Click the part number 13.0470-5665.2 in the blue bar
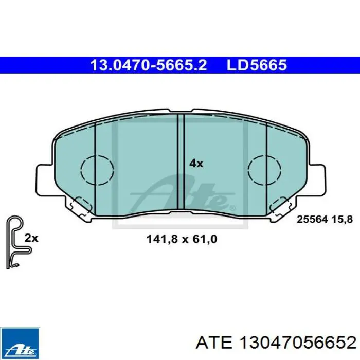point(149,65)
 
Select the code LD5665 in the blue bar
point(257,65)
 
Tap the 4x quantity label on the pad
point(196,164)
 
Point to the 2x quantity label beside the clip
point(31,238)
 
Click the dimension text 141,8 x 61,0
point(182,240)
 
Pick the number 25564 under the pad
point(312,220)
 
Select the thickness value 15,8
point(341,220)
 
